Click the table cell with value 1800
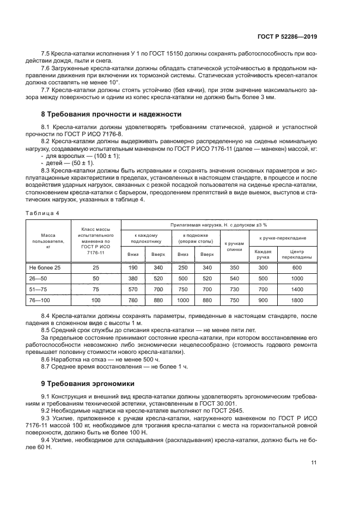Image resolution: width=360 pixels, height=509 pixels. pyautogui.click(x=297, y=300)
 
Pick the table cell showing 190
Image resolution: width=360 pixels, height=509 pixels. pyautogui.click(x=133, y=268)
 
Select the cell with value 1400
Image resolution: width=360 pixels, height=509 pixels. pyautogui.click(x=297, y=289)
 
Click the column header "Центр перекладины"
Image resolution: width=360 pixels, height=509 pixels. pyautogui.click(x=297, y=254)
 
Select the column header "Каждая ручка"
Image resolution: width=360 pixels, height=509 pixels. pyautogui.click(x=263, y=254)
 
